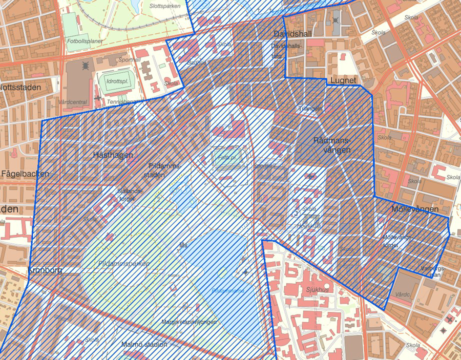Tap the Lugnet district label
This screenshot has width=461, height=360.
[343, 81]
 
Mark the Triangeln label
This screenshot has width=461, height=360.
[311, 109]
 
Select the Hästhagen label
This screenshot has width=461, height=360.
[113, 155]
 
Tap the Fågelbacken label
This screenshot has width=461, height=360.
[25, 174]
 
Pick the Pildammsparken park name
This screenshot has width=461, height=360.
[122, 263]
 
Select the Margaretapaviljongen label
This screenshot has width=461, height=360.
[188, 322]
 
